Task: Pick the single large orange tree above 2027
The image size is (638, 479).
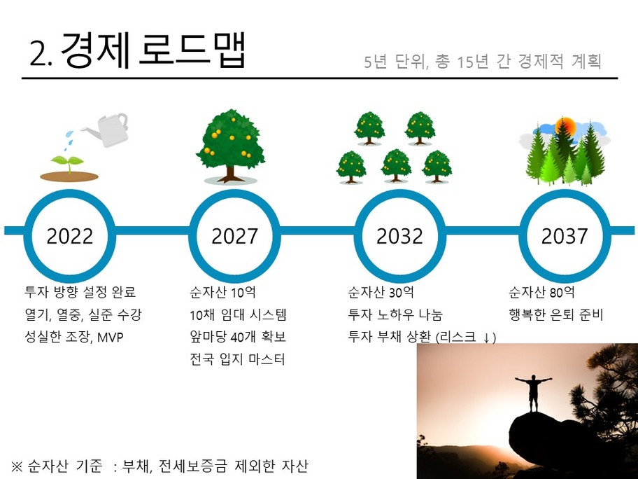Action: pyautogui.click(x=231, y=146)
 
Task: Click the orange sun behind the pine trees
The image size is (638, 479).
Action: pyautogui.click(x=566, y=126)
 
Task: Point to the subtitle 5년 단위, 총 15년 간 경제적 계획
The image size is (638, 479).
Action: pyautogui.click(x=483, y=62)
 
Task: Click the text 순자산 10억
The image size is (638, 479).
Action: pyautogui.click(x=222, y=292)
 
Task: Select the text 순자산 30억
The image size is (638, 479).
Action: pyautogui.click(x=381, y=292)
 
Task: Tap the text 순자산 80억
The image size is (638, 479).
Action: pyautogui.click(x=541, y=292)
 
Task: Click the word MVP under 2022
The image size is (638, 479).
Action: pyautogui.click(x=111, y=338)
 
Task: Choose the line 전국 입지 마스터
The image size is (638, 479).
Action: pyautogui.click(x=237, y=359)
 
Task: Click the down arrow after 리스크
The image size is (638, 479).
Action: pyautogui.click(x=485, y=338)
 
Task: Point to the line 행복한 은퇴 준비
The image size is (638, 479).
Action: pyautogui.click(x=556, y=314)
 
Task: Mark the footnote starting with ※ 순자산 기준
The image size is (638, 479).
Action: pyautogui.click(x=159, y=466)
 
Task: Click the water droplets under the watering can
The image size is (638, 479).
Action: pyautogui.click(x=69, y=138)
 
